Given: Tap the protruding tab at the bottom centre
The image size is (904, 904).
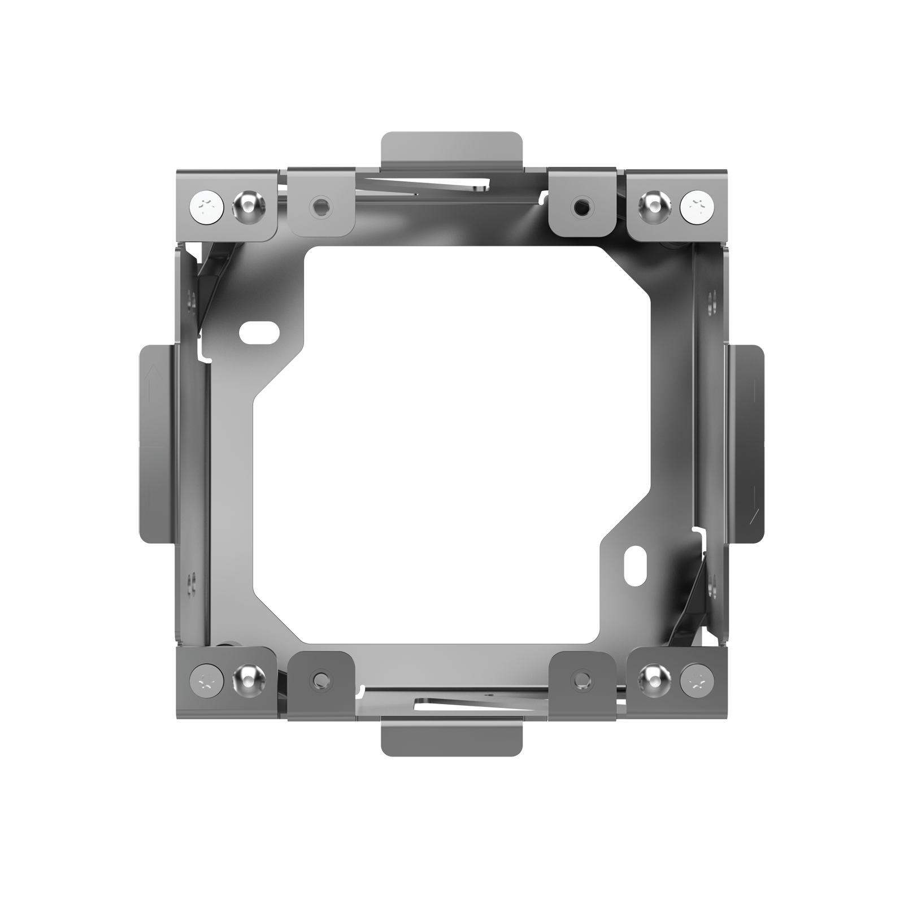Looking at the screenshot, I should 451,737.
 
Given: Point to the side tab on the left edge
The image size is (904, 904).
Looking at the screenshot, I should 155,444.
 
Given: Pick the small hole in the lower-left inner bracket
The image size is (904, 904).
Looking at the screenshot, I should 321,677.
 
